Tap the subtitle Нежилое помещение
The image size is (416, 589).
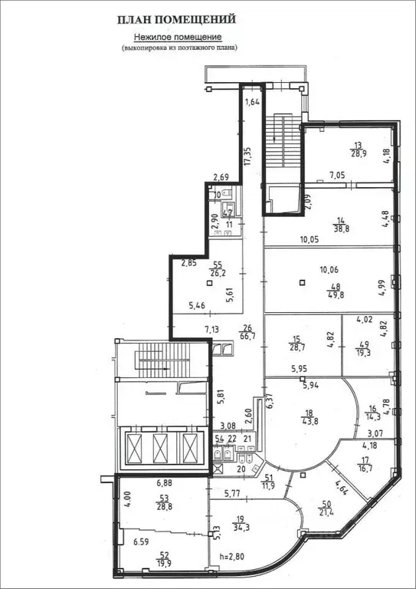pos(178,36)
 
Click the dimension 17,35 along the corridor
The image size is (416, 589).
pos(247,156)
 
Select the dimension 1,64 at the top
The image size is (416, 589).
pos(251,101)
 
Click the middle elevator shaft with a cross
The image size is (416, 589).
pos(159,446)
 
